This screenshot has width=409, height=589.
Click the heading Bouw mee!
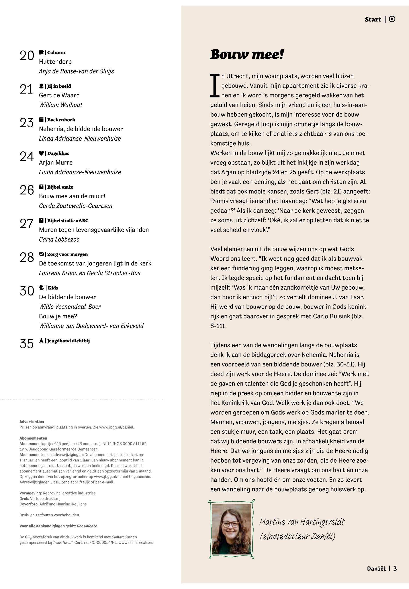click(247, 54)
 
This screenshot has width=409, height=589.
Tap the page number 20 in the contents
click(27, 56)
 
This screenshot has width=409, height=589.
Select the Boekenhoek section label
click(61, 120)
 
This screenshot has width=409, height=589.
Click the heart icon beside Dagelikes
click(41, 153)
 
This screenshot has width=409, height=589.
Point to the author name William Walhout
click(61, 105)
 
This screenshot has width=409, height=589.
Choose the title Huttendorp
click(55, 62)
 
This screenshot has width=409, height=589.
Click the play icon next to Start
click(392, 19)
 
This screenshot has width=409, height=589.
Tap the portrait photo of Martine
click(231, 529)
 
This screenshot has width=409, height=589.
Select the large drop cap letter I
click(215, 86)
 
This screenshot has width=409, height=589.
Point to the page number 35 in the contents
click(27, 344)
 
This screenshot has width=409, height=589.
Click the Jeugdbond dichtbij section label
click(68, 341)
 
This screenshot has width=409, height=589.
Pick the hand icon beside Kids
click(41, 288)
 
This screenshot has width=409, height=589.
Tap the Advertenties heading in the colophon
click(31, 422)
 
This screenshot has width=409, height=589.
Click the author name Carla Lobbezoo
click(59, 240)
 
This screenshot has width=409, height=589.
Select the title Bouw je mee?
click(58, 316)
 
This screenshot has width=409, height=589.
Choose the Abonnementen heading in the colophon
click(33, 438)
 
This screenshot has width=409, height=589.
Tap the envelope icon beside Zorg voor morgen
click(41, 254)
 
